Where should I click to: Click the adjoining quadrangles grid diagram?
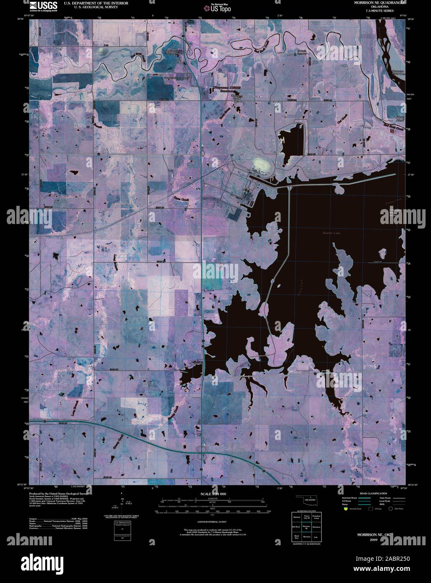(x=306, y=526)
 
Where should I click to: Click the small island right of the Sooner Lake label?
(x=382, y=253)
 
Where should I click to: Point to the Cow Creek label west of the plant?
(x=181, y=197)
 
